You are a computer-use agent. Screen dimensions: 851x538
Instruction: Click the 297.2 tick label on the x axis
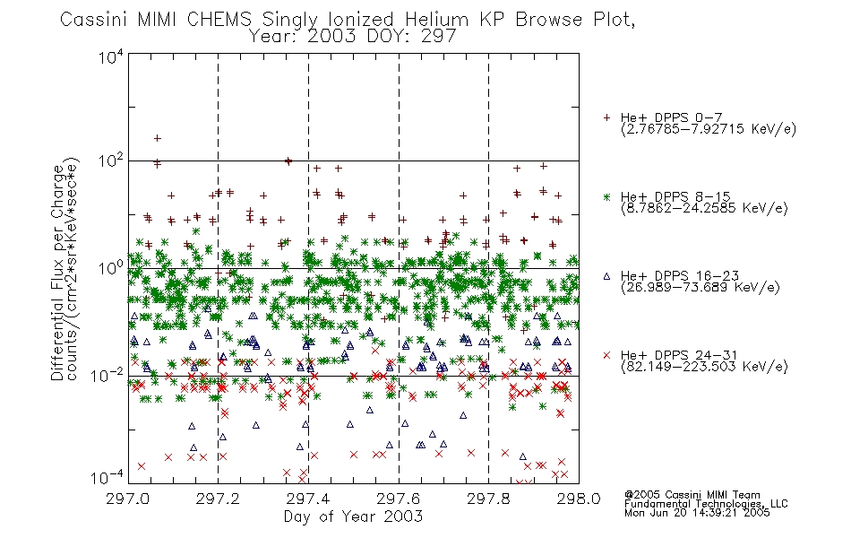point(218,499)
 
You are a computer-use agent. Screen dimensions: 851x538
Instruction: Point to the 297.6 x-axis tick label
point(399,499)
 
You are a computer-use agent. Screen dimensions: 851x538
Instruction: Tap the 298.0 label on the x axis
point(579,499)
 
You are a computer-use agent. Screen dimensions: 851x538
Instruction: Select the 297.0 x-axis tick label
point(127,499)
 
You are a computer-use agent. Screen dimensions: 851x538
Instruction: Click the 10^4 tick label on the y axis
point(111,56)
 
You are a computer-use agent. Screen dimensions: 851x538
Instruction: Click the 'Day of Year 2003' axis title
point(353,516)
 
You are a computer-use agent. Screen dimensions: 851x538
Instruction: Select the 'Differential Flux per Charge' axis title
point(57,273)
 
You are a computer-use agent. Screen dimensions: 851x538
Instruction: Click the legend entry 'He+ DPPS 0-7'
point(671,118)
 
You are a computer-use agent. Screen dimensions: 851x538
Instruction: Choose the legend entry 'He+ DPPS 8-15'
point(675,196)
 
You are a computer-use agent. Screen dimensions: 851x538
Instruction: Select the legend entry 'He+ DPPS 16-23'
point(680,276)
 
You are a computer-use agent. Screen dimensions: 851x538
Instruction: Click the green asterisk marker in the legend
point(606,196)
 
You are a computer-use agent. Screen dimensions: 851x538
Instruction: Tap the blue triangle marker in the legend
point(606,276)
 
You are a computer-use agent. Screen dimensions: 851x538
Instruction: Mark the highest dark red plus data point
point(158,138)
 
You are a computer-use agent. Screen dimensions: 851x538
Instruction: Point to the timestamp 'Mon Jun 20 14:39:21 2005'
point(697,513)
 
